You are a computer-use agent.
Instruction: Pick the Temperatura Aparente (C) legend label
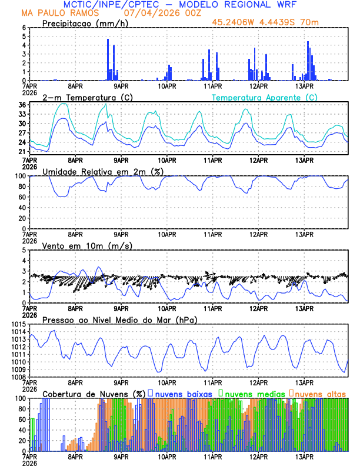tap(264, 97)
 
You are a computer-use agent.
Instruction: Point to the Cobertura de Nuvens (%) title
tap(94, 394)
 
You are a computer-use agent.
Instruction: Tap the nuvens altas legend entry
tap(321, 394)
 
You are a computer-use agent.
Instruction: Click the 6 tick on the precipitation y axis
tap(24, 28)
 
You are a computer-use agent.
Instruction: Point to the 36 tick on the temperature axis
tap(22, 105)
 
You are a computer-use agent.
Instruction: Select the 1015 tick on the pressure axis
tap(18, 324)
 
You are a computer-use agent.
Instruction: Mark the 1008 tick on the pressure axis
tap(18, 377)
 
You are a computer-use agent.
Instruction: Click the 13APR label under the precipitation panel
tap(304, 86)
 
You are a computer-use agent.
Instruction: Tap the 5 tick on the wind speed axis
tap(24, 250)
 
